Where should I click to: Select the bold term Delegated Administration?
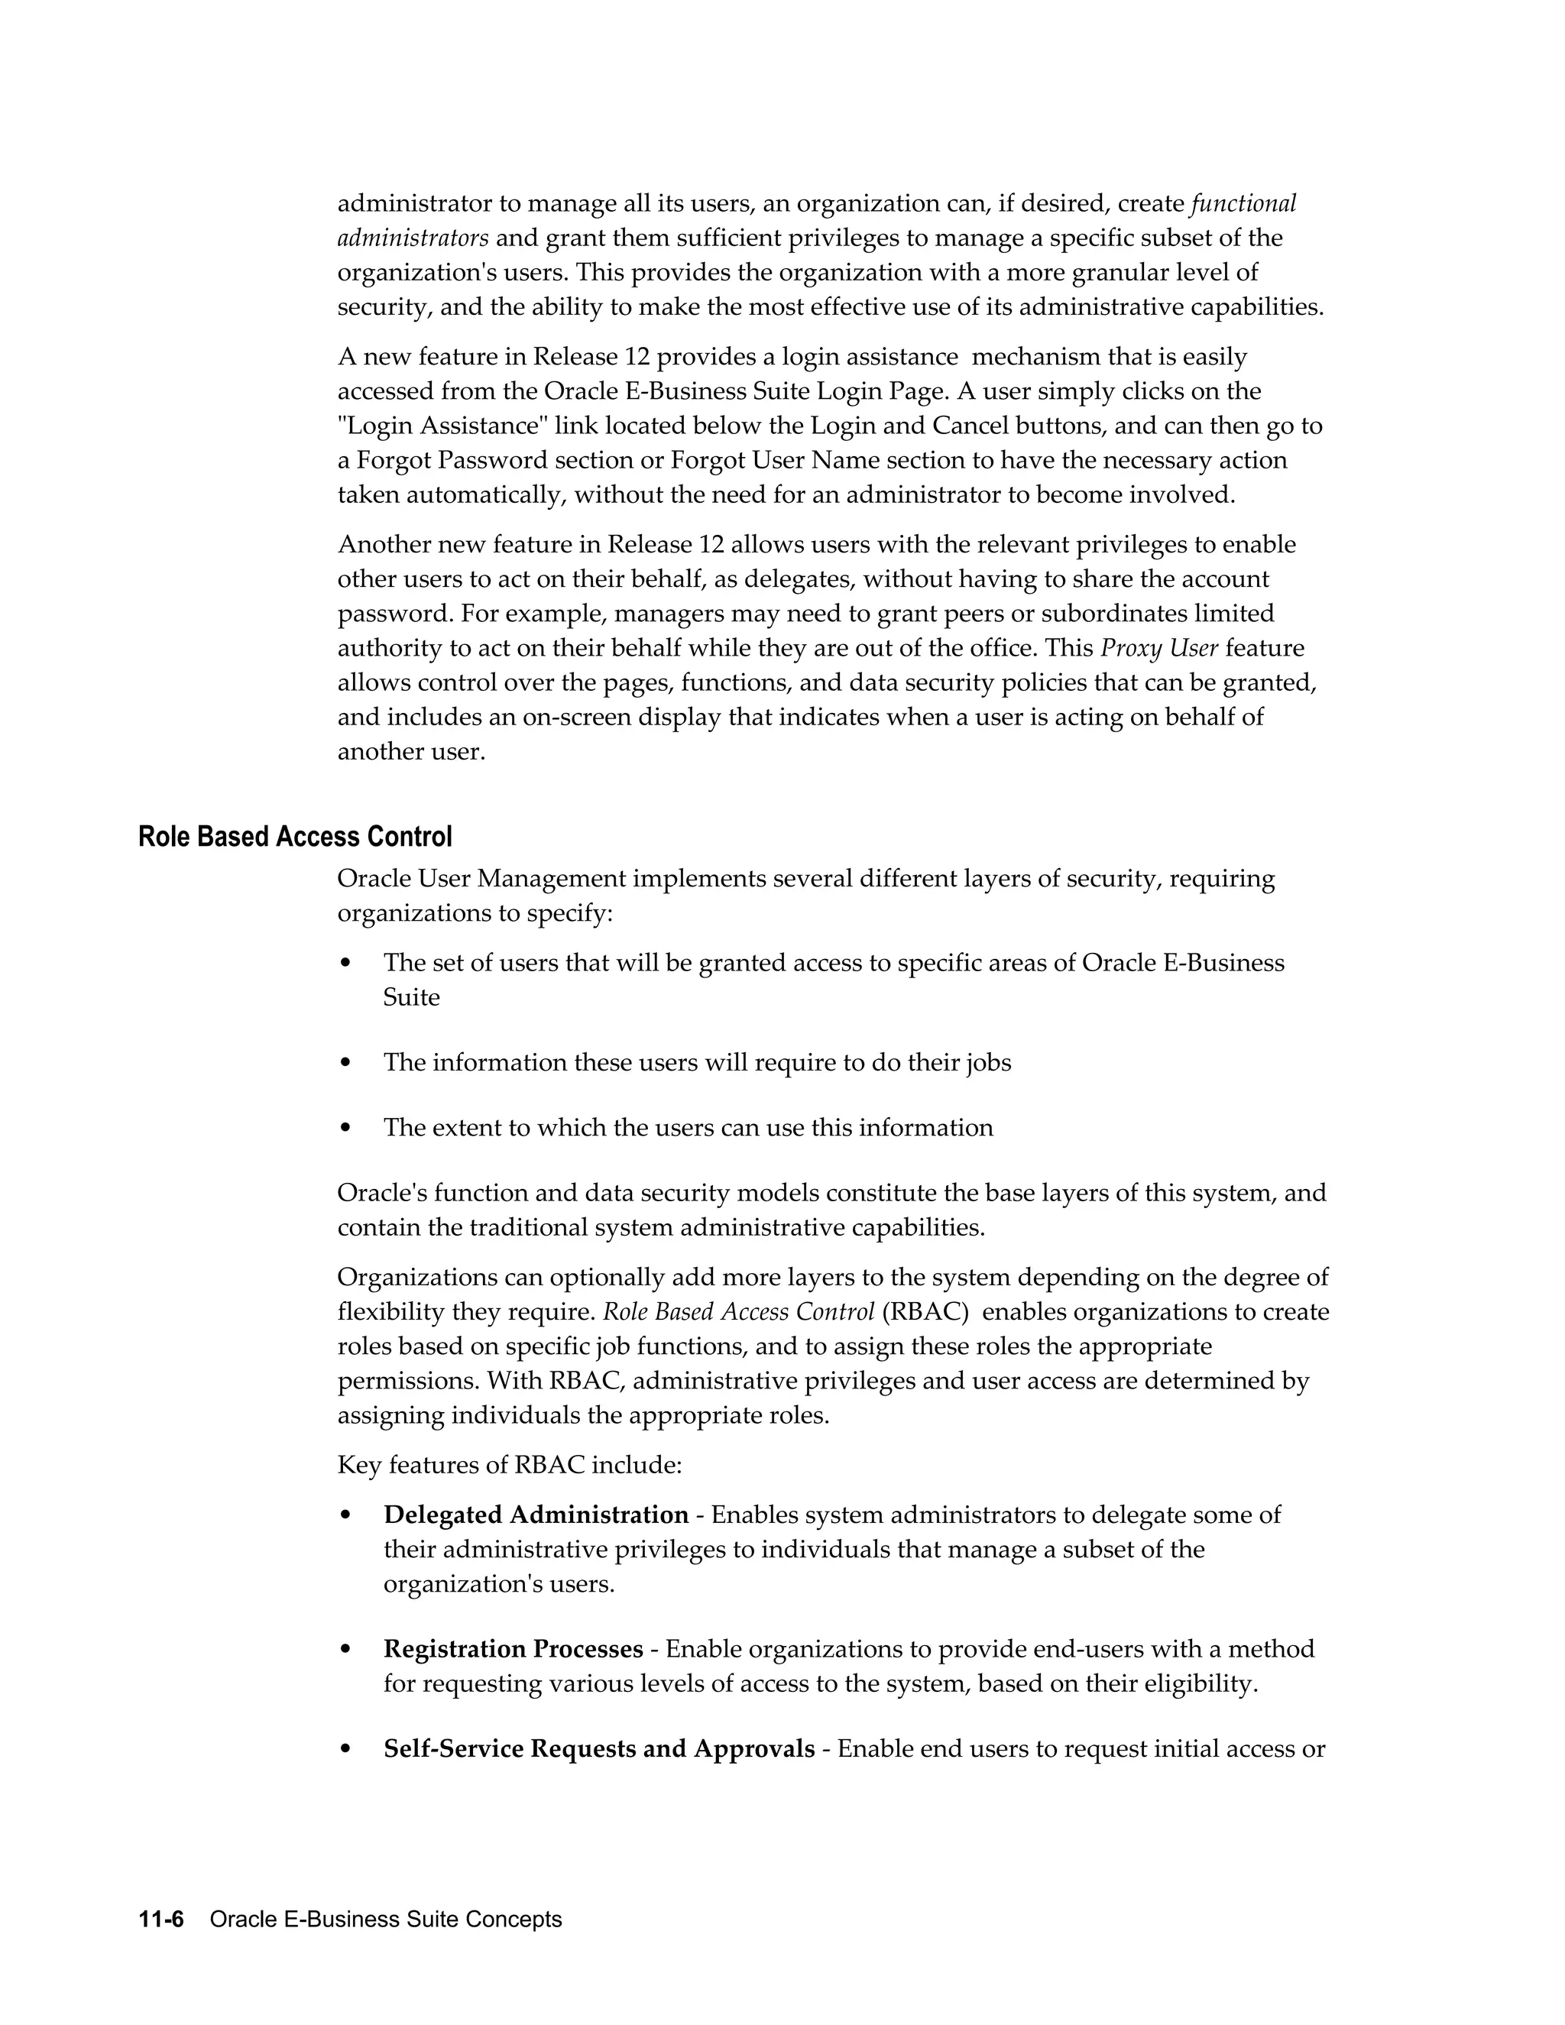click(x=536, y=1515)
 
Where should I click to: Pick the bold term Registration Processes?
click(x=513, y=1650)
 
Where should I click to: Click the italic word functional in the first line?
click(x=1243, y=203)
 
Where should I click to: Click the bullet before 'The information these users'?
click(x=346, y=1063)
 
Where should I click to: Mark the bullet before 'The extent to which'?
click(x=346, y=1129)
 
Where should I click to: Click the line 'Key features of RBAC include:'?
click(x=509, y=1465)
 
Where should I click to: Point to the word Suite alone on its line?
click(x=412, y=998)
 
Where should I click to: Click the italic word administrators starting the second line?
click(x=413, y=238)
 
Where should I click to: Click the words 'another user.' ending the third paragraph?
click(x=412, y=751)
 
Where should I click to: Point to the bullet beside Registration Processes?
click(x=346, y=1651)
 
